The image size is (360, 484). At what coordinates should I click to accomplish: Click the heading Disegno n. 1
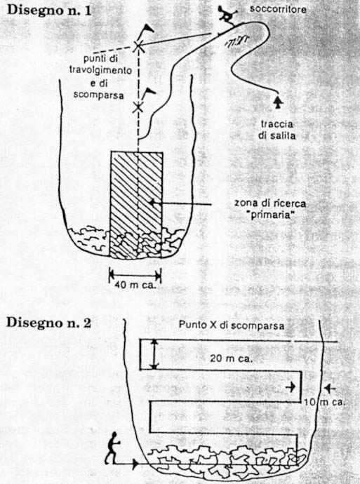pos(49,11)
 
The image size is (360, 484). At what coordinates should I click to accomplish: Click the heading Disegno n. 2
pos(48,323)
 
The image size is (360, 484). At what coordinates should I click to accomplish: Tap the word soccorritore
pos(278,9)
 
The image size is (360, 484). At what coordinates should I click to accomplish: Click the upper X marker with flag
pos(138,46)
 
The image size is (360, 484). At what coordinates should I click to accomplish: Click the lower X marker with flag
pos(138,108)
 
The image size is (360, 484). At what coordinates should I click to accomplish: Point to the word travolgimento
pos(100,69)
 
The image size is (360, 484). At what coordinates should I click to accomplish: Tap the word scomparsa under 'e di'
pos(99,95)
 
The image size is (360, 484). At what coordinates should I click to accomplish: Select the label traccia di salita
pos(277,130)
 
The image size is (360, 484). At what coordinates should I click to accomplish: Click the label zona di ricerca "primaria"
pos(270,209)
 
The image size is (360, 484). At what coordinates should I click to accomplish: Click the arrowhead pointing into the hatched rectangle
pos(152,203)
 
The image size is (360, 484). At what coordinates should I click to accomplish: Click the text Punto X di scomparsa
pos(232,325)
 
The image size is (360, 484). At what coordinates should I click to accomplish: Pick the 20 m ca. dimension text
pos(232,358)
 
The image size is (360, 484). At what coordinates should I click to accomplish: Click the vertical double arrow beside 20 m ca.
pos(154,354)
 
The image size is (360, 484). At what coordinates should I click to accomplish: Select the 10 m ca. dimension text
pos(324,402)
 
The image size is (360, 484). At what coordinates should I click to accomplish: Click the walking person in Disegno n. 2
pos(112,448)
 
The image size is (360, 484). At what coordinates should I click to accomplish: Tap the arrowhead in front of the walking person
pos(135,464)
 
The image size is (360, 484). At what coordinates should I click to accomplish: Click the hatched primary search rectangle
pos(136,205)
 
